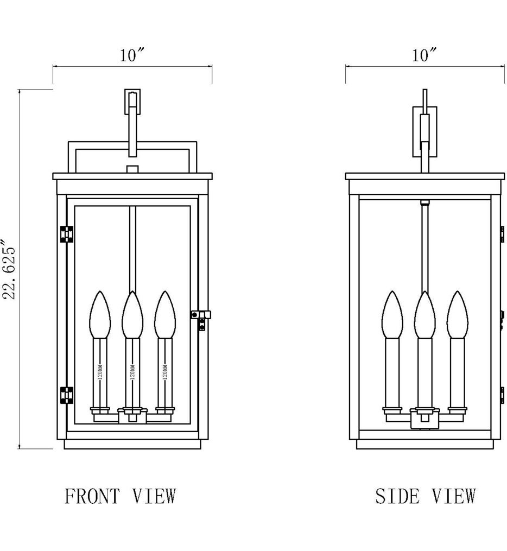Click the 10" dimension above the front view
pyautogui.click(x=131, y=55)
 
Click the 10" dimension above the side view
pyautogui.click(x=425, y=55)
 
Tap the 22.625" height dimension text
pyautogui.click(x=11, y=270)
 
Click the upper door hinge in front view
pyautogui.click(x=67, y=233)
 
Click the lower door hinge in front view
pyautogui.click(x=67, y=395)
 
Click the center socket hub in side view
pyautogui.click(x=425, y=419)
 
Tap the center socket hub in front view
pyautogui.click(x=132, y=417)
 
